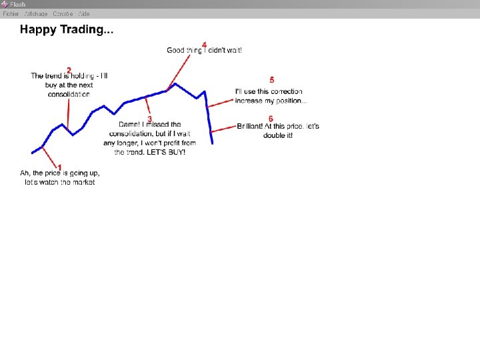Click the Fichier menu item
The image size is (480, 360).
[10, 13]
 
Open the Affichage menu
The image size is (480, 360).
[35, 13]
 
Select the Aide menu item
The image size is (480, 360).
[83, 13]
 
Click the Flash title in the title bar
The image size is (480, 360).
[17, 4]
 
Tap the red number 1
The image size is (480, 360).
[59, 167]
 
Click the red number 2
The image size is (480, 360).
[69, 70]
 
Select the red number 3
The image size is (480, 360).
[149, 119]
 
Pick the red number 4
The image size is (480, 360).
[204, 45]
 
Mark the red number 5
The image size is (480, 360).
[271, 80]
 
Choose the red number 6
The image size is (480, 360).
[271, 119]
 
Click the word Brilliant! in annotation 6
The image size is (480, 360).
[249, 126]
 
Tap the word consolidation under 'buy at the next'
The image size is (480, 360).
[69, 94]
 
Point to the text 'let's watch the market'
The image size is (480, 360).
[60, 182]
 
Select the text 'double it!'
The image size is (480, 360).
[278, 135]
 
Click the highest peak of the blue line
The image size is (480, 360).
[175, 83]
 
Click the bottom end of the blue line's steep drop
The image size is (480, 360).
[212, 143]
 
